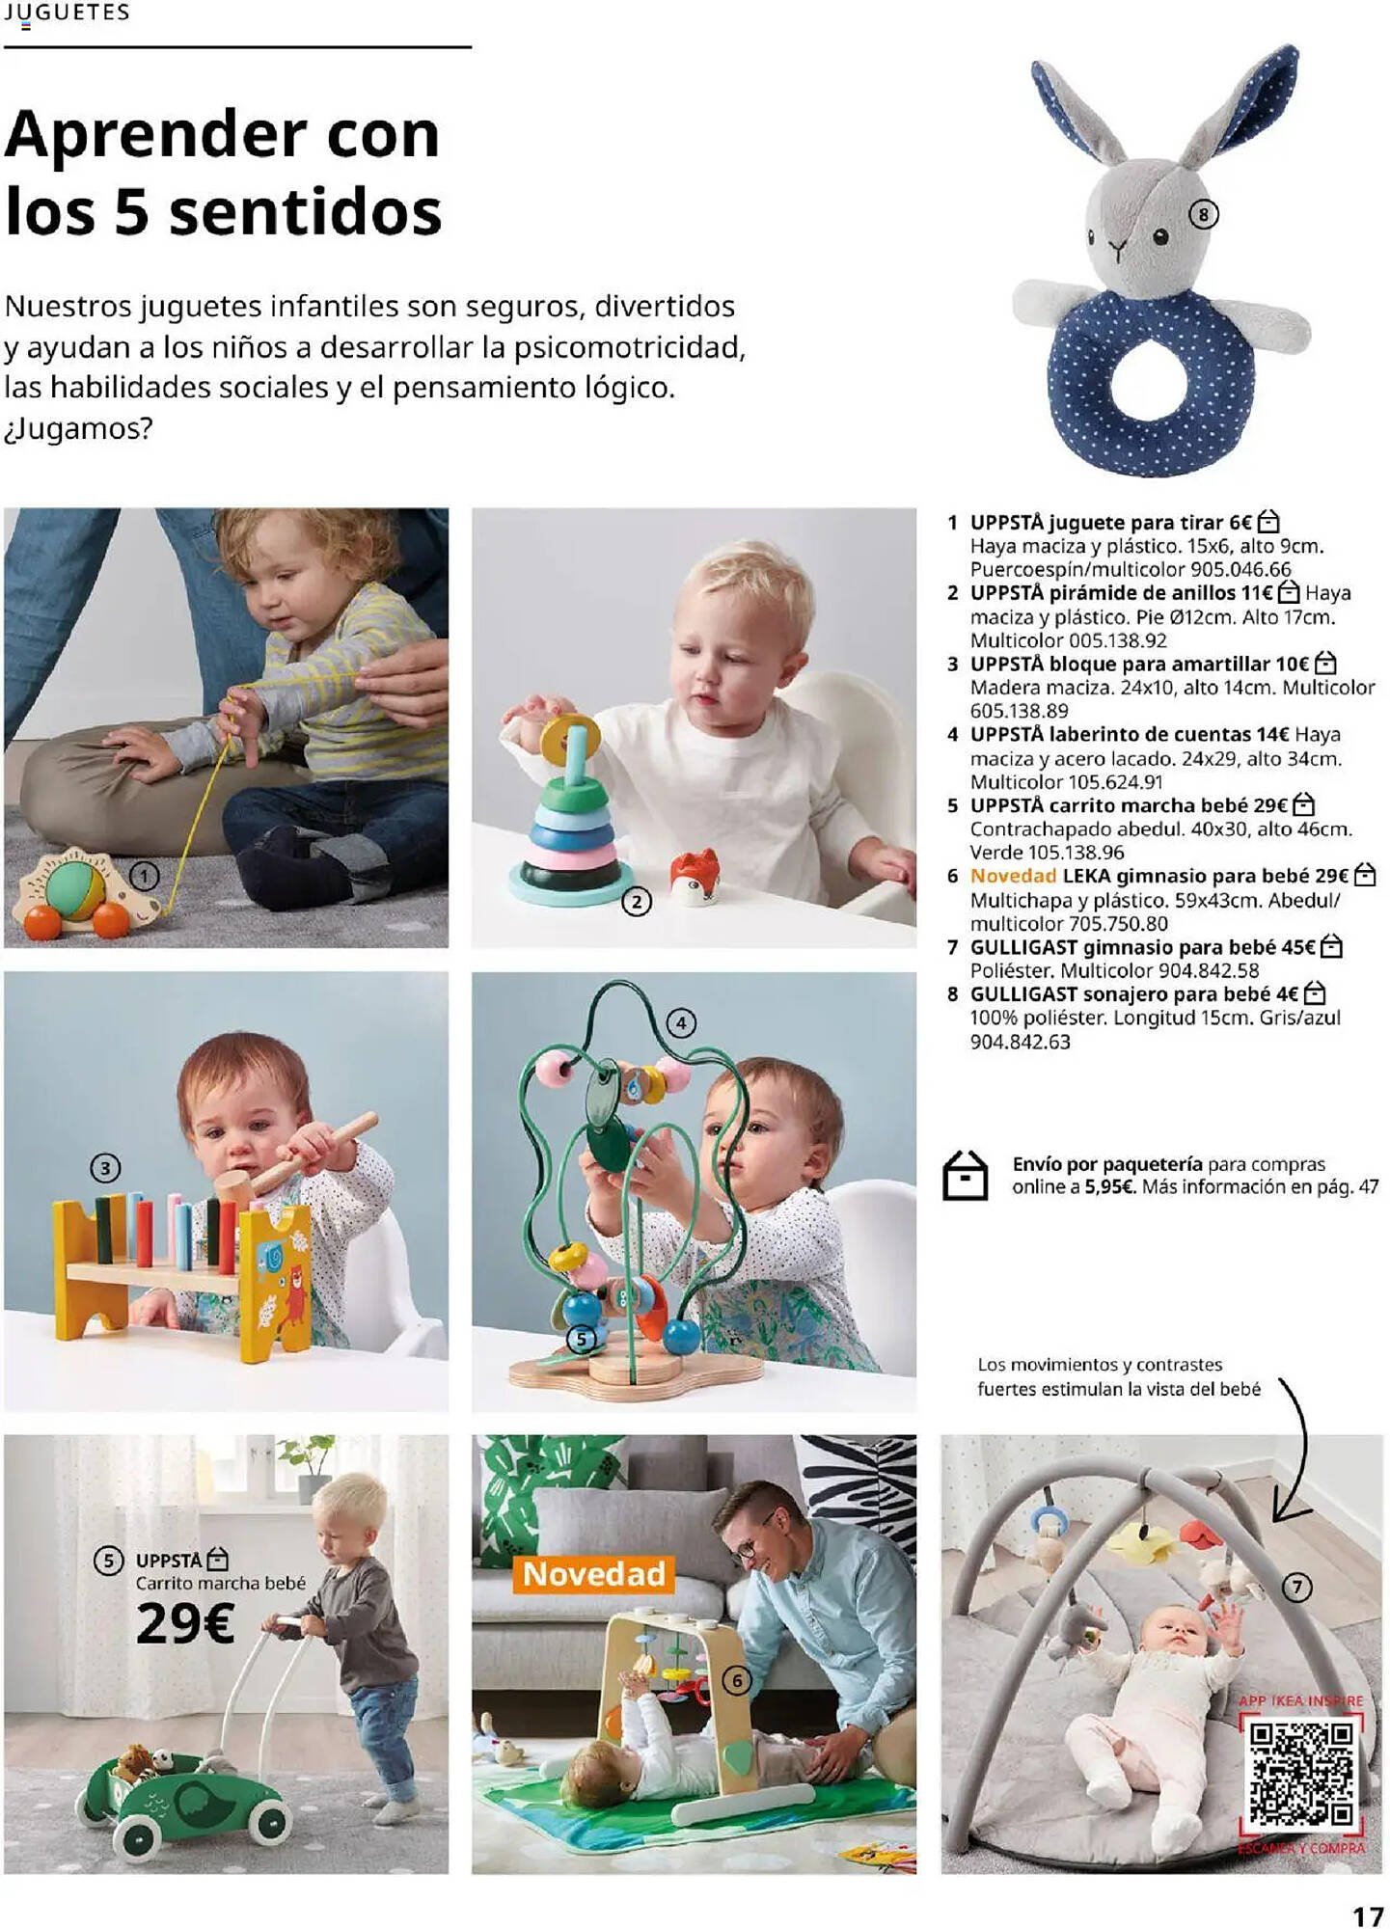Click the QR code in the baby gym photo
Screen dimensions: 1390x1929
pos(1301,1774)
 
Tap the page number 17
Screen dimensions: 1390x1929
pos(1367,1915)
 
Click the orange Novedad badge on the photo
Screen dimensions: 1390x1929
pos(594,1573)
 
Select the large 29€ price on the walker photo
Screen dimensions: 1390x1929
pos(185,1623)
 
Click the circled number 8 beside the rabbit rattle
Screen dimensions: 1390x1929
pos(1203,213)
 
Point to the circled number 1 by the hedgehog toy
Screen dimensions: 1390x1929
pos(145,876)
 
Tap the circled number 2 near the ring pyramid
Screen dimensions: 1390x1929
pos(637,902)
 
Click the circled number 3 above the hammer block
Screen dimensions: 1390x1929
pos(105,1169)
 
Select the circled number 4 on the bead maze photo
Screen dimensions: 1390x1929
pos(681,1022)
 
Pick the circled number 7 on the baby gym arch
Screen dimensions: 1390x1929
pos(1297,1587)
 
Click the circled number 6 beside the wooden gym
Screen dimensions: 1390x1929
pos(737,1681)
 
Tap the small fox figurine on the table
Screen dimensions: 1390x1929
pos(695,877)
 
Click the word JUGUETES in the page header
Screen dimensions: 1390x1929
pos(67,13)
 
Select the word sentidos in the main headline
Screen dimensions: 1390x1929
pos(305,212)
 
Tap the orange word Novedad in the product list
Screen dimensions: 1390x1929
pos(1013,876)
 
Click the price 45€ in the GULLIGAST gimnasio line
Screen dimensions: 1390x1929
pos(1298,947)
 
